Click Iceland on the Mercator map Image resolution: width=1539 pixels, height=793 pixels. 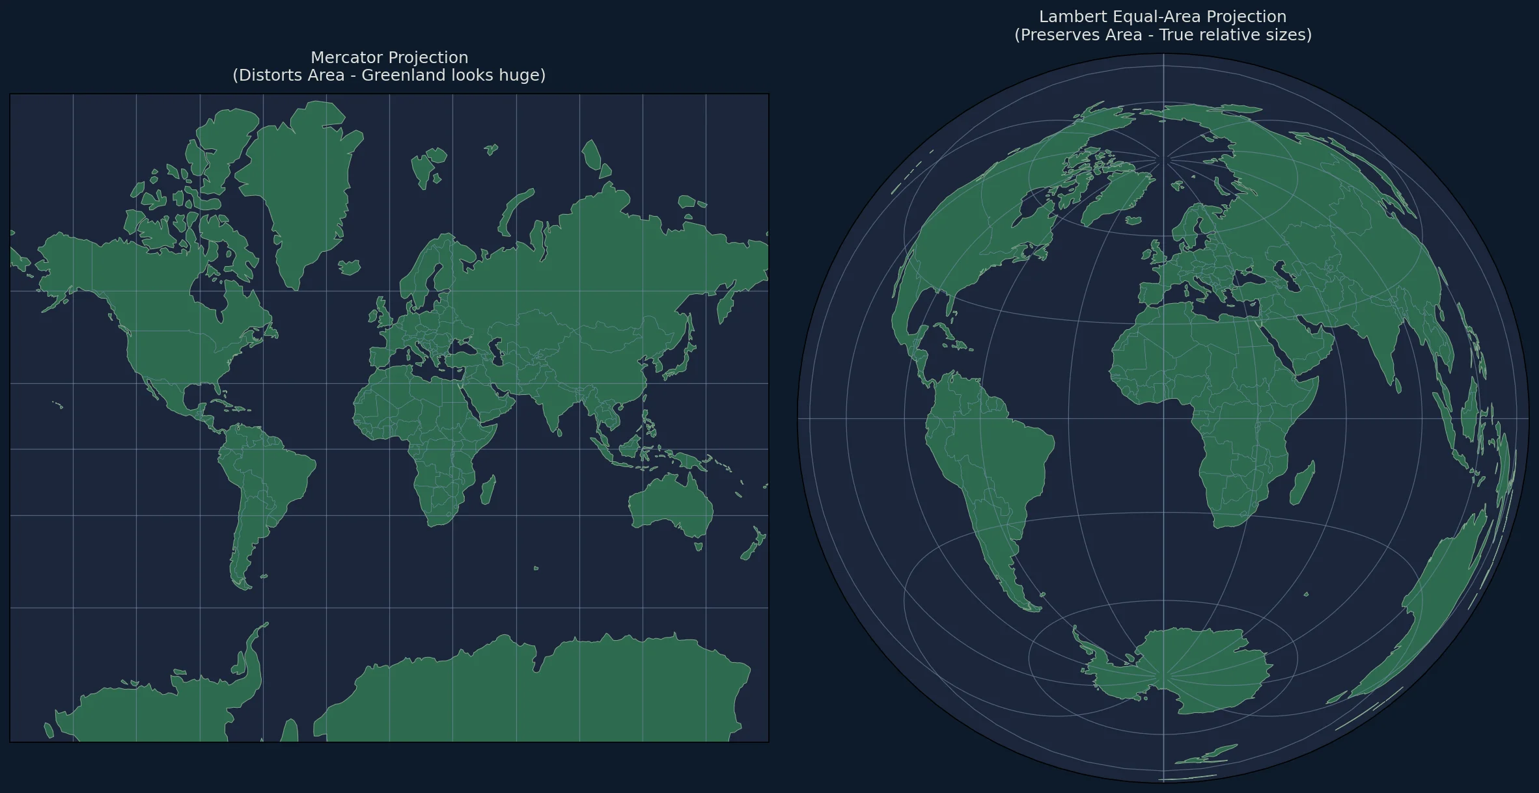[350, 267]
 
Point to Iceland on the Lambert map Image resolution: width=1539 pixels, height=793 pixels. [1133, 221]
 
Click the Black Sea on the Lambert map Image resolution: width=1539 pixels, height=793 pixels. [1249, 278]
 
